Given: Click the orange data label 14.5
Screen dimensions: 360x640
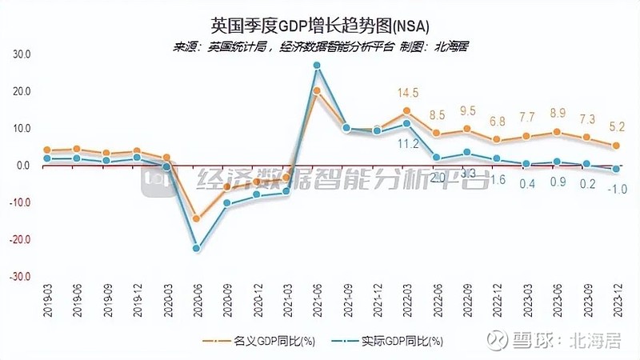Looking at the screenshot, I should (407, 93).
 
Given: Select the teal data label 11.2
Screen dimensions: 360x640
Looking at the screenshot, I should (408, 143).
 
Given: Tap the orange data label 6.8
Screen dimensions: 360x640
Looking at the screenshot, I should (497, 122).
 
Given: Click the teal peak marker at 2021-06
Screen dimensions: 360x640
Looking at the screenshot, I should (317, 66).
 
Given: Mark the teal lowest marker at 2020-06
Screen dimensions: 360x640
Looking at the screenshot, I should (196, 248).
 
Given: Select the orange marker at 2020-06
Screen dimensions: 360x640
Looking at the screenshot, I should (196, 218).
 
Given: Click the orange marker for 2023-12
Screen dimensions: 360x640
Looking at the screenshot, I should (615, 146).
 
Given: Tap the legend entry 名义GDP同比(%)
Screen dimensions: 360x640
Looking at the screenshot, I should (257, 342).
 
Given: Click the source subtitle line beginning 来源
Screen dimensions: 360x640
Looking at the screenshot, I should (320, 46).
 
